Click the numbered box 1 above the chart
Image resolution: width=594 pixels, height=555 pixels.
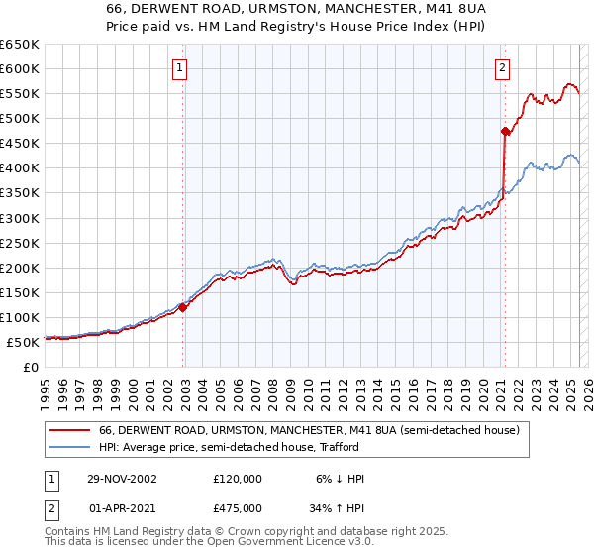(179, 68)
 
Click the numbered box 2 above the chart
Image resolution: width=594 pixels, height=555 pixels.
(502, 68)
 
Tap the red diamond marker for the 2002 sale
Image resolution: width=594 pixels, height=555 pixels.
(183, 307)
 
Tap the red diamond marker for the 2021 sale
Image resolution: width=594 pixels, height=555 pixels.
(506, 130)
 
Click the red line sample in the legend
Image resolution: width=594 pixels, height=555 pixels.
(70, 431)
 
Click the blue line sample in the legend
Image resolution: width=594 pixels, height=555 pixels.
(70, 448)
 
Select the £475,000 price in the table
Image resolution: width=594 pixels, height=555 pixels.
(238, 508)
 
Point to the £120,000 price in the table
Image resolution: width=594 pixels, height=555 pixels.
(238, 479)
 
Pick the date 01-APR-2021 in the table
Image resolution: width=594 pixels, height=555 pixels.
(121, 508)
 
